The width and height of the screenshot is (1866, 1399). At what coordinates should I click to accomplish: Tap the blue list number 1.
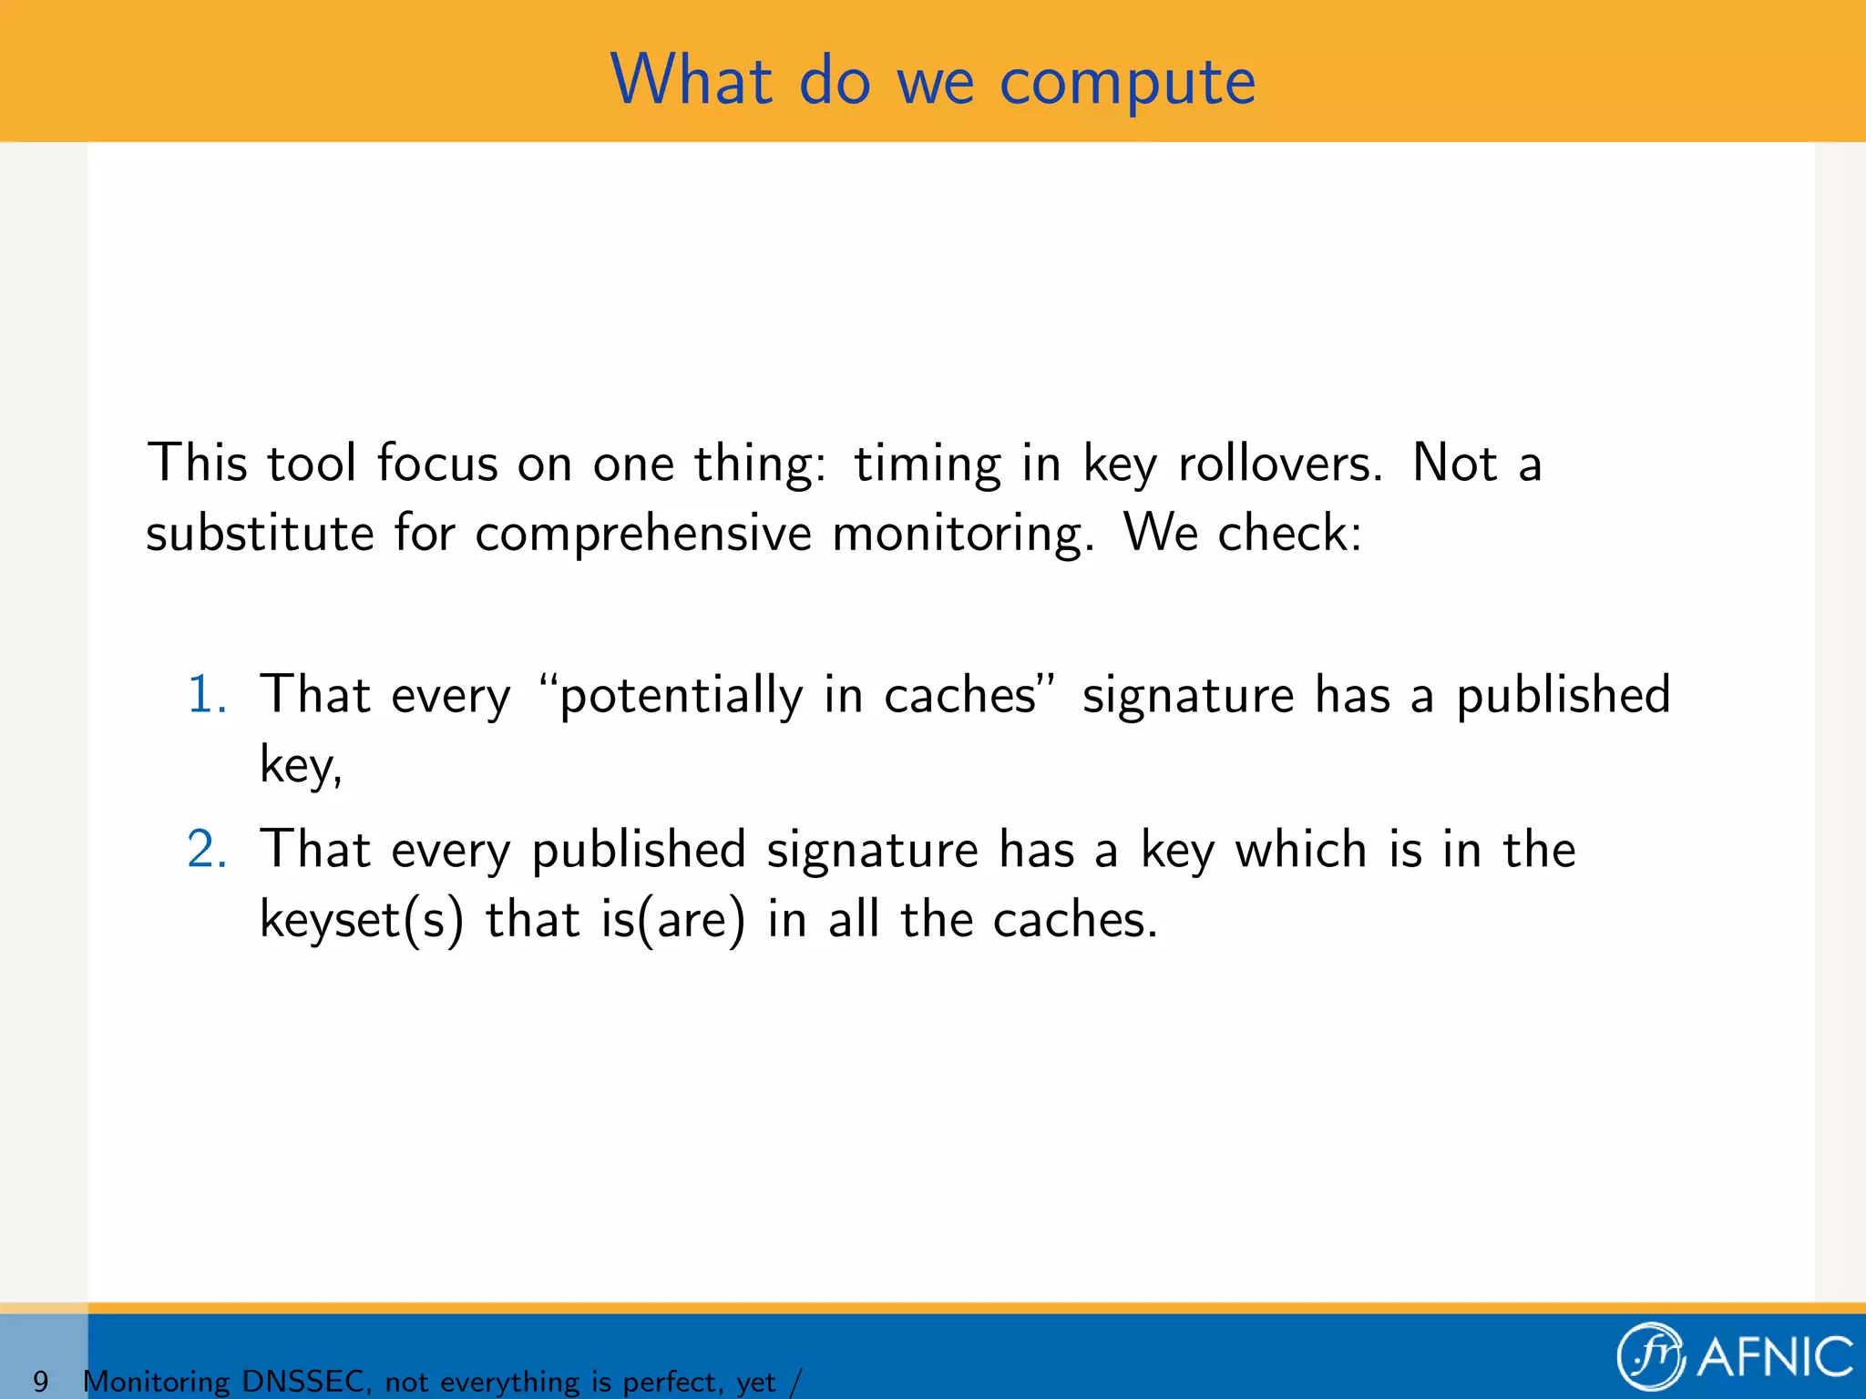click(206, 695)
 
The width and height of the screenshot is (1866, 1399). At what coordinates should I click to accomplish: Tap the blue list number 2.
click(207, 850)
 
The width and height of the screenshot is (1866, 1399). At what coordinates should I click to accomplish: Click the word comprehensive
click(642, 535)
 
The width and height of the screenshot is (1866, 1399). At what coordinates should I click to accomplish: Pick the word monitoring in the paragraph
click(961, 535)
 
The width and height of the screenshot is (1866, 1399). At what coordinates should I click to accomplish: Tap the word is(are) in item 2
click(672, 920)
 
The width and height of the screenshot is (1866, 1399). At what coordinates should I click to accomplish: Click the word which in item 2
click(1300, 850)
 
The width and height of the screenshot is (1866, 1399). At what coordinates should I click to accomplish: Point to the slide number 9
click(40, 1381)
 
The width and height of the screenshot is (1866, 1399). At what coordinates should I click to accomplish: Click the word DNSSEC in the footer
click(303, 1381)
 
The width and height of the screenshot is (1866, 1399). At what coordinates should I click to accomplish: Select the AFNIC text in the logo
click(1775, 1357)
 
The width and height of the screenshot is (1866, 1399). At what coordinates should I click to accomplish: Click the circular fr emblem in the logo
click(1649, 1356)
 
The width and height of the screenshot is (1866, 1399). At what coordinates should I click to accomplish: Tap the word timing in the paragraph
click(927, 465)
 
